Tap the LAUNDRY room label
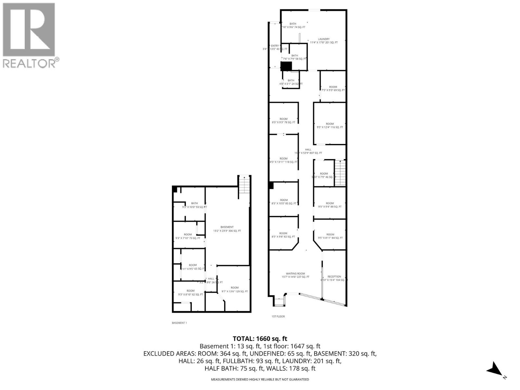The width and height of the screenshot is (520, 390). click(x=324, y=41)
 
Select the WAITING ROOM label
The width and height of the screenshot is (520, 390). click(x=295, y=275)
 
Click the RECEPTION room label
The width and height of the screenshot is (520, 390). click(x=334, y=278)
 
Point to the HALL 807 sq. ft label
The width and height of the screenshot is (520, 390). click(x=308, y=151)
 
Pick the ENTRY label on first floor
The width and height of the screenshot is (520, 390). click(x=275, y=47)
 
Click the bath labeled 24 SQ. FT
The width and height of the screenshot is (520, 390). click(x=291, y=82)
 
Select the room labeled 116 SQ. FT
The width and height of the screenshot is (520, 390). click(x=330, y=125)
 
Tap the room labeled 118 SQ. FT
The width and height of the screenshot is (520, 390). click(x=283, y=160)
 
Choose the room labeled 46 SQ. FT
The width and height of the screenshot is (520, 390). click(x=324, y=175)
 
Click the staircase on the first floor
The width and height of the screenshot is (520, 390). click(x=340, y=173)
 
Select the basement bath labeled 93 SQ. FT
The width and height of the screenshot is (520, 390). click(x=194, y=205)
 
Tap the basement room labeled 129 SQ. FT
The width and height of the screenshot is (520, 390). click(x=235, y=290)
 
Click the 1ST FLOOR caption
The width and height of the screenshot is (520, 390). click(x=278, y=316)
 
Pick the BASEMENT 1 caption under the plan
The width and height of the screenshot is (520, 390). click(x=179, y=323)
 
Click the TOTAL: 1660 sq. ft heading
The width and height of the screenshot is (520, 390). click(x=260, y=339)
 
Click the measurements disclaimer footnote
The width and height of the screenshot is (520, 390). click(x=260, y=379)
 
